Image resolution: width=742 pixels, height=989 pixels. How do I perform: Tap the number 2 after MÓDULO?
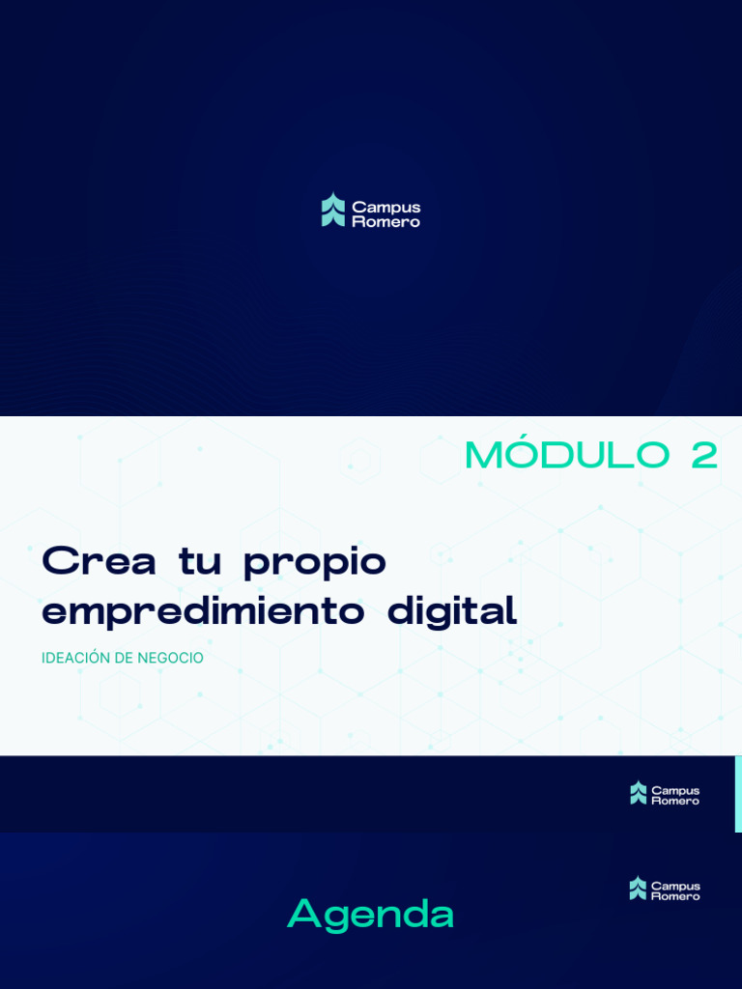click(704, 456)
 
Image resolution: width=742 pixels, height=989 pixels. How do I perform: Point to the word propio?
click(315, 564)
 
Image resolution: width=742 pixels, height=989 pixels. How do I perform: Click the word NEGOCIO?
click(170, 658)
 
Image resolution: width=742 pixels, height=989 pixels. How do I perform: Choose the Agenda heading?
click(371, 914)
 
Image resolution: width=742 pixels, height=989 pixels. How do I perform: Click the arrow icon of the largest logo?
click(333, 210)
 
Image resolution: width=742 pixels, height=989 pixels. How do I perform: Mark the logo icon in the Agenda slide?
click(638, 889)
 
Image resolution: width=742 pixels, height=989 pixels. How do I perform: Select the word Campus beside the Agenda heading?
click(675, 885)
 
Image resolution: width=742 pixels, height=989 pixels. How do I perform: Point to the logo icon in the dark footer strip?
click(638, 793)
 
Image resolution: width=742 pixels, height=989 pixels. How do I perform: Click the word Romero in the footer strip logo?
click(675, 801)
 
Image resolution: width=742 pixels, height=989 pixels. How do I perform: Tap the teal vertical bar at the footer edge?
click(738, 793)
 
